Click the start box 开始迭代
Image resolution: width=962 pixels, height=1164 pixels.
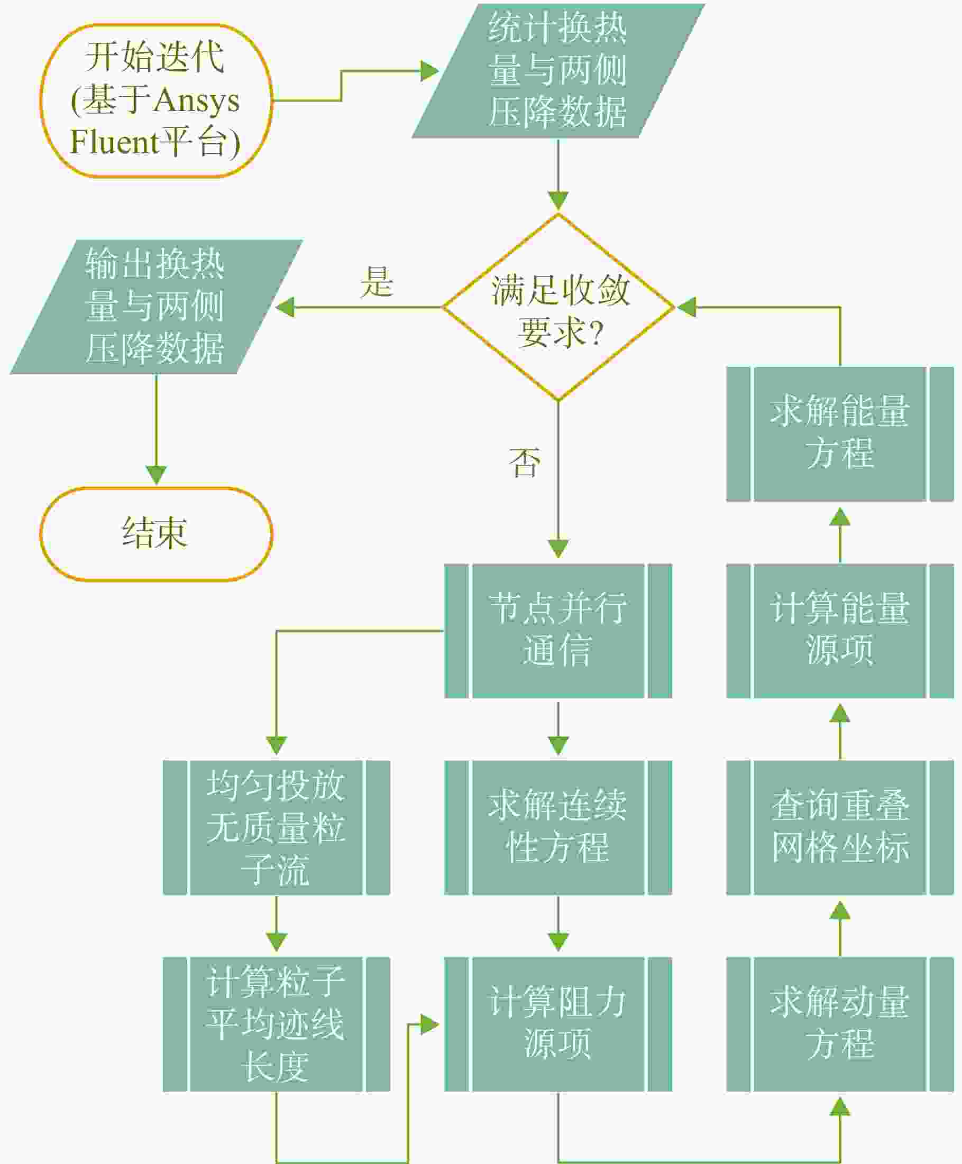tap(155, 100)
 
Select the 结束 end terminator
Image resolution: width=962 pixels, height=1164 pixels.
tap(155, 534)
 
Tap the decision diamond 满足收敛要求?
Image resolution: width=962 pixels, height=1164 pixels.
tap(558, 307)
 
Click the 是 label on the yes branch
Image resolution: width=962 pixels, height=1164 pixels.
tap(377, 281)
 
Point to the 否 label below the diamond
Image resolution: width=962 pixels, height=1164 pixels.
tap(524, 463)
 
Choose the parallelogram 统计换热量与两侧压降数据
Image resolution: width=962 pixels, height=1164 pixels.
tap(558, 71)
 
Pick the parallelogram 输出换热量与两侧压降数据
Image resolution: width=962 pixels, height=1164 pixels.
tap(155, 307)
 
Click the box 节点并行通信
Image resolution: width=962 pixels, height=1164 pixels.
tap(558, 631)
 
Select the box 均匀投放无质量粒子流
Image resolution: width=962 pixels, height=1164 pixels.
tap(276, 827)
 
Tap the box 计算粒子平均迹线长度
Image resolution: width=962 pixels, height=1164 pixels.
tap(276, 1024)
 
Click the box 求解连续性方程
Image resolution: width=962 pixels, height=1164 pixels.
tap(558, 827)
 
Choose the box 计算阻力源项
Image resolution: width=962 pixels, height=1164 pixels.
tap(558, 1024)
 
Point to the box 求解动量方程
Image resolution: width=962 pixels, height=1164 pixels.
tap(840, 1024)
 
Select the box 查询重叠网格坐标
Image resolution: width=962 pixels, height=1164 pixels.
tap(840, 827)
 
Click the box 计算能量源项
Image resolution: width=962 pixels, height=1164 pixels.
tap(840, 631)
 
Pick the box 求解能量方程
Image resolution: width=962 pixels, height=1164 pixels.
tap(840, 434)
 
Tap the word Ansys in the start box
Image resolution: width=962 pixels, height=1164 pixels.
tap(197, 101)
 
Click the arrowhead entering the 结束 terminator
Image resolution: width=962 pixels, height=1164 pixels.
tap(156, 476)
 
